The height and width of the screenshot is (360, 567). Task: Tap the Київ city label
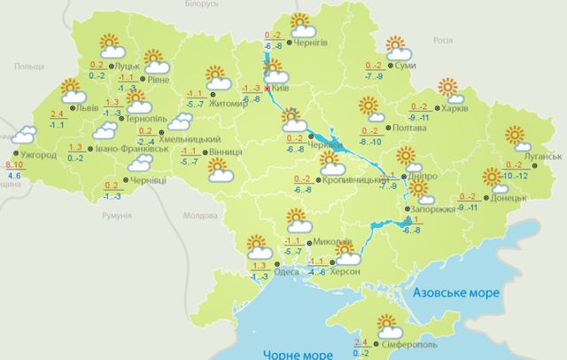click(280, 89)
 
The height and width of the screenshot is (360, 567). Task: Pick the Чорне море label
click(296, 354)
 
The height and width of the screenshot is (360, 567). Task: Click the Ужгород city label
click(34, 154)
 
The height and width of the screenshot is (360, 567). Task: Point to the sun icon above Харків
click(448, 88)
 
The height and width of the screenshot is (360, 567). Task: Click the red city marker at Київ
click(268, 89)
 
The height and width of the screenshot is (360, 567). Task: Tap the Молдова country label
click(199, 215)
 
